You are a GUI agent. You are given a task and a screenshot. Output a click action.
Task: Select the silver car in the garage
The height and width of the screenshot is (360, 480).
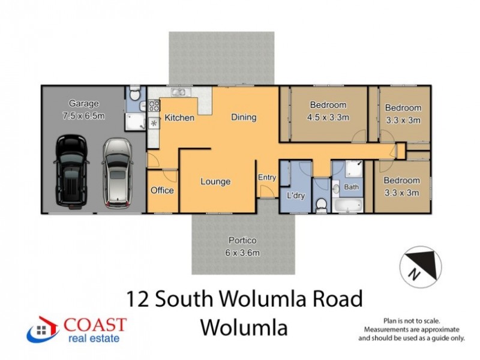[118, 172]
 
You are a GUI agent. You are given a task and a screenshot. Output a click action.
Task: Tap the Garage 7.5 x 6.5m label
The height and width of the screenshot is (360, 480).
[83, 110]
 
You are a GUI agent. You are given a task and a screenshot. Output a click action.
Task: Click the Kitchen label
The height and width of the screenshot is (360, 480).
[179, 118]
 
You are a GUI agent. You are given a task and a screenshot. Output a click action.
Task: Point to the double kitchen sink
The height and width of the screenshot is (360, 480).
[178, 92]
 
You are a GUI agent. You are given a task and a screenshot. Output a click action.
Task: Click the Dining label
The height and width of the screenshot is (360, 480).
[244, 117]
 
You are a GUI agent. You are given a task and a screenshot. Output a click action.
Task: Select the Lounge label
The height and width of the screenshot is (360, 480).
[215, 181]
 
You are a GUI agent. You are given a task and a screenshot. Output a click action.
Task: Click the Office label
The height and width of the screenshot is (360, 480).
[162, 190]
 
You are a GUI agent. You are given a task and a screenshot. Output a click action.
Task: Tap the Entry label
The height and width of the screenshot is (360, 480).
[266, 177]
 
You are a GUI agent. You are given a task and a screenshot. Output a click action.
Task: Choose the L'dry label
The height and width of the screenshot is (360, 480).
[295, 196]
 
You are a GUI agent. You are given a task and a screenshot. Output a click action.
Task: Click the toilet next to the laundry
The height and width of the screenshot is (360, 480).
[321, 205]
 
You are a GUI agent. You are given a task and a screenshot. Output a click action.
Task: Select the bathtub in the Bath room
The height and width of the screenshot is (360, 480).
[349, 206]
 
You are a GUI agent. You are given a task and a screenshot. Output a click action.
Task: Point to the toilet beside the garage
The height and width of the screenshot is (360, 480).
[136, 94]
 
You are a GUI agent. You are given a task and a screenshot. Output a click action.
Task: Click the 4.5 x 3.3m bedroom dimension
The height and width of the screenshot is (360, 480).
[328, 117]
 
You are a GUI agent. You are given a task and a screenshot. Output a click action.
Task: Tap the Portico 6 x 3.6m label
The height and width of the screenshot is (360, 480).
[243, 247]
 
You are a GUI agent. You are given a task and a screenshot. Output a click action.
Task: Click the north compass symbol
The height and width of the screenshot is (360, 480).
[419, 264]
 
